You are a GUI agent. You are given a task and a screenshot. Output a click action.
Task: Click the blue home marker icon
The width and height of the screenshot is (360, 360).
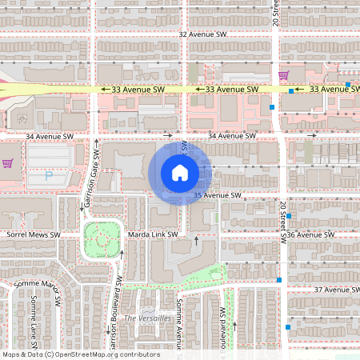click(180, 172)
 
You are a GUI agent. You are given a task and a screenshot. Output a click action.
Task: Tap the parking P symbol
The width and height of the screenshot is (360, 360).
click(48, 176)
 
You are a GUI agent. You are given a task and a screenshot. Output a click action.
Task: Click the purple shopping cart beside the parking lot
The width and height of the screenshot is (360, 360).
click(7, 163)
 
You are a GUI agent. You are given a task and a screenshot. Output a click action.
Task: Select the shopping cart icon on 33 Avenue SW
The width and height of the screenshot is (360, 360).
click(283, 75)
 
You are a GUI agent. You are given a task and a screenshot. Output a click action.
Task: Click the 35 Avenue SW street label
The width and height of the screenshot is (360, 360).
click(216, 195)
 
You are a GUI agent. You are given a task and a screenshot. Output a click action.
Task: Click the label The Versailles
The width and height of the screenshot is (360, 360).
click(147, 318)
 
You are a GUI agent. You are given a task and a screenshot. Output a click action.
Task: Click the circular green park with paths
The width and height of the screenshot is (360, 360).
click(101, 239)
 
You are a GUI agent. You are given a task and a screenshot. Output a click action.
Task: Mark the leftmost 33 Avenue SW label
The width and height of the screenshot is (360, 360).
click(137, 90)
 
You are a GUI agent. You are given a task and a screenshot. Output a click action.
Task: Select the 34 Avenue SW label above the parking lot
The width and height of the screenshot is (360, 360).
click(50, 137)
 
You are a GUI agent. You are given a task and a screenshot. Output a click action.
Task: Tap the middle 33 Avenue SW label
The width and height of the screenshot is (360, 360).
click(231, 90)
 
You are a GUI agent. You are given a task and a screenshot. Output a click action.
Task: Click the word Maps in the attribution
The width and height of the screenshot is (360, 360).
click(12, 354)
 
